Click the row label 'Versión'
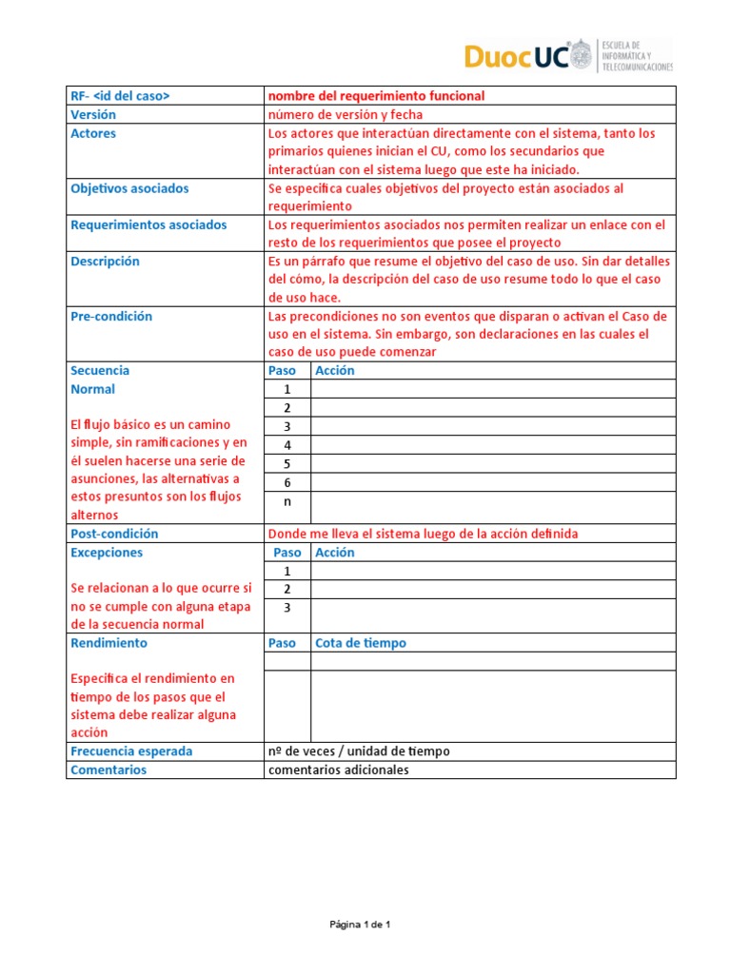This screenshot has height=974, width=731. coord(93,114)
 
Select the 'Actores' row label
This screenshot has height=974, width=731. coord(93,133)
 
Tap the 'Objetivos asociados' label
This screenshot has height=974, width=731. coord(129,188)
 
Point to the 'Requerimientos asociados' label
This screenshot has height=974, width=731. coord(148,224)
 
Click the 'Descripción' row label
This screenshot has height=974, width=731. coord(105,261)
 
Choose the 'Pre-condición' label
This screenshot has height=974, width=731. coord(111,316)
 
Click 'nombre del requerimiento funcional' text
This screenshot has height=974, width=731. coord(376,96)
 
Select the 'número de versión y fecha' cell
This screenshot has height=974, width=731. coord(345,114)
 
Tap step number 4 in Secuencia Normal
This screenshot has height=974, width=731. coord(286,444)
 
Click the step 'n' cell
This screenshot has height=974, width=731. coord(286,501)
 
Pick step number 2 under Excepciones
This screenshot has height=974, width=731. coord(286,589)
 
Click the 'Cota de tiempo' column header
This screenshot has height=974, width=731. coord(360,643)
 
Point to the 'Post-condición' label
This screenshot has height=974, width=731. coord(114,534)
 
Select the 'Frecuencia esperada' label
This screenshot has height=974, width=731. coord(131,750)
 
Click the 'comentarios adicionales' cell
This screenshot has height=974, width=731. coord(338,769)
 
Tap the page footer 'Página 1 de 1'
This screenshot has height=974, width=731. coord(361,924)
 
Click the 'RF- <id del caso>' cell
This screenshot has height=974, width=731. coord(120,96)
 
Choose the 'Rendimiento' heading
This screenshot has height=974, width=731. coord(109,643)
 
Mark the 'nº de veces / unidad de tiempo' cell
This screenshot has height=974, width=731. coord(359,750)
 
